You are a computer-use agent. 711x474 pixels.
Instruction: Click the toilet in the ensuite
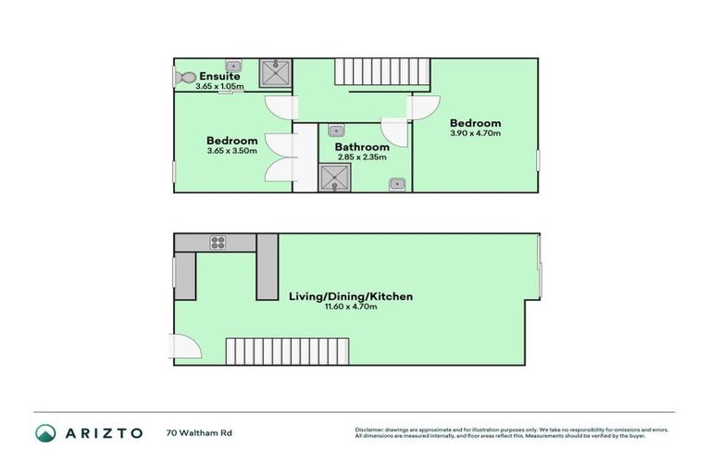tap(183, 78)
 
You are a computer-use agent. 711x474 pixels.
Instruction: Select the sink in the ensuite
tap(234, 66)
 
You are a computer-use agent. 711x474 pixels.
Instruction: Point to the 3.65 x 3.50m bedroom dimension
tap(232, 151)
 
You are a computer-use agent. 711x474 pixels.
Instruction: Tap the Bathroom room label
tap(362, 146)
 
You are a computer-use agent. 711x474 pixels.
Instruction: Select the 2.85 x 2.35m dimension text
tap(362, 156)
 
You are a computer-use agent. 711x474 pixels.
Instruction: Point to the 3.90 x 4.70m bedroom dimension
tap(475, 133)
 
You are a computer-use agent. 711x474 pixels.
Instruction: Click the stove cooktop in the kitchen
tap(218, 243)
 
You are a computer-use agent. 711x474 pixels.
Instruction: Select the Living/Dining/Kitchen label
tap(350, 296)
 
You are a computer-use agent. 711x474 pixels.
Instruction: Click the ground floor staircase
tap(288, 351)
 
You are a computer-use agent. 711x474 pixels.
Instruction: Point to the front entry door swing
tap(187, 346)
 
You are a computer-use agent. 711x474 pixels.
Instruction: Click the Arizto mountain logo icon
tap(46, 432)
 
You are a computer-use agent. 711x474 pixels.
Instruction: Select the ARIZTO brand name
tap(104, 432)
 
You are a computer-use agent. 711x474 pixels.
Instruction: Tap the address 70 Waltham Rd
tap(198, 432)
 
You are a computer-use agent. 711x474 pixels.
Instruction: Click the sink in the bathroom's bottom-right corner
tap(397, 183)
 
